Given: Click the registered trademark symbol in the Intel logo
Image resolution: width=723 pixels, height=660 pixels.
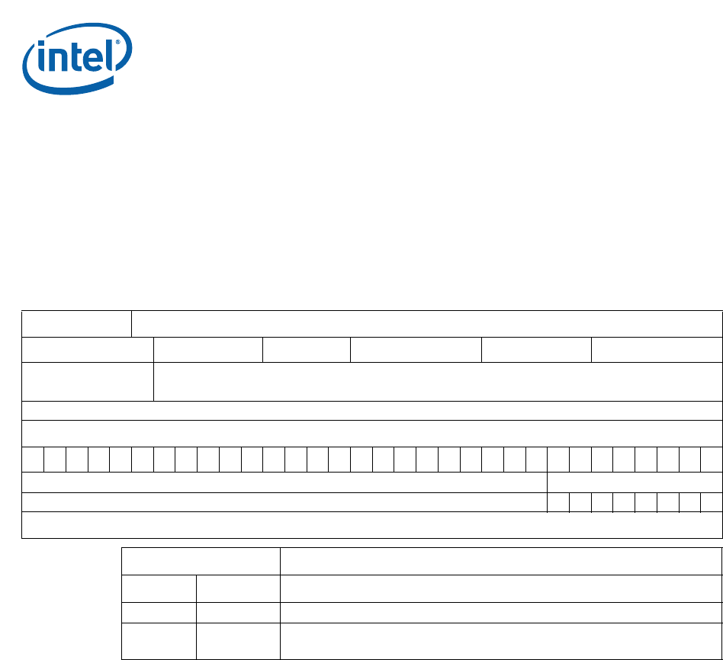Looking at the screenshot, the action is [117, 43].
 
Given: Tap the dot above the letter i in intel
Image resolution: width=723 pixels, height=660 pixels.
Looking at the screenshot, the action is [41, 45].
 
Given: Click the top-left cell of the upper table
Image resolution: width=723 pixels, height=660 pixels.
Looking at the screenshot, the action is [76, 324].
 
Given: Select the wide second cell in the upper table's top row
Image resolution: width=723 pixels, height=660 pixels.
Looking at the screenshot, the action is [427, 324].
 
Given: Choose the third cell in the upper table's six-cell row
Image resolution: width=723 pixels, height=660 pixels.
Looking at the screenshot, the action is [307, 350].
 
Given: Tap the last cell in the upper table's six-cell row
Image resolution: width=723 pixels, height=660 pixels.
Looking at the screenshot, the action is [657, 350].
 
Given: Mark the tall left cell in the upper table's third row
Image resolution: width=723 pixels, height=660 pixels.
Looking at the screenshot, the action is [88, 382].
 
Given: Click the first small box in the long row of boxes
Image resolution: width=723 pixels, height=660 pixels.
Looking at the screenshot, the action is [33, 460].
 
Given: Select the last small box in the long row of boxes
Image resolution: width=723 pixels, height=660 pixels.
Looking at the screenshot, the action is [712, 460].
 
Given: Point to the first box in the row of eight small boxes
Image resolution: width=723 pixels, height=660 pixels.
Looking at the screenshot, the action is [558, 502].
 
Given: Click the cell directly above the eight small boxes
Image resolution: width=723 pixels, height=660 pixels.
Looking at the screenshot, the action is [635, 482].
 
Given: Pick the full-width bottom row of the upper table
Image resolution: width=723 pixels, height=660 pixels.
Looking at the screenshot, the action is [372, 525].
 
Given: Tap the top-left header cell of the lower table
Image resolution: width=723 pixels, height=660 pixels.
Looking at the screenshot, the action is [201, 562].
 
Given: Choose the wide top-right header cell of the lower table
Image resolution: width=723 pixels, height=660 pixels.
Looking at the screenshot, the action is [501, 562].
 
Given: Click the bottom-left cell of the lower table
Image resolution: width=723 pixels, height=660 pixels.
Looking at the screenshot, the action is [159, 641].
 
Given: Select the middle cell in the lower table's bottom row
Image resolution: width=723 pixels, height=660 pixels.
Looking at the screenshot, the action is [239, 641].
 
